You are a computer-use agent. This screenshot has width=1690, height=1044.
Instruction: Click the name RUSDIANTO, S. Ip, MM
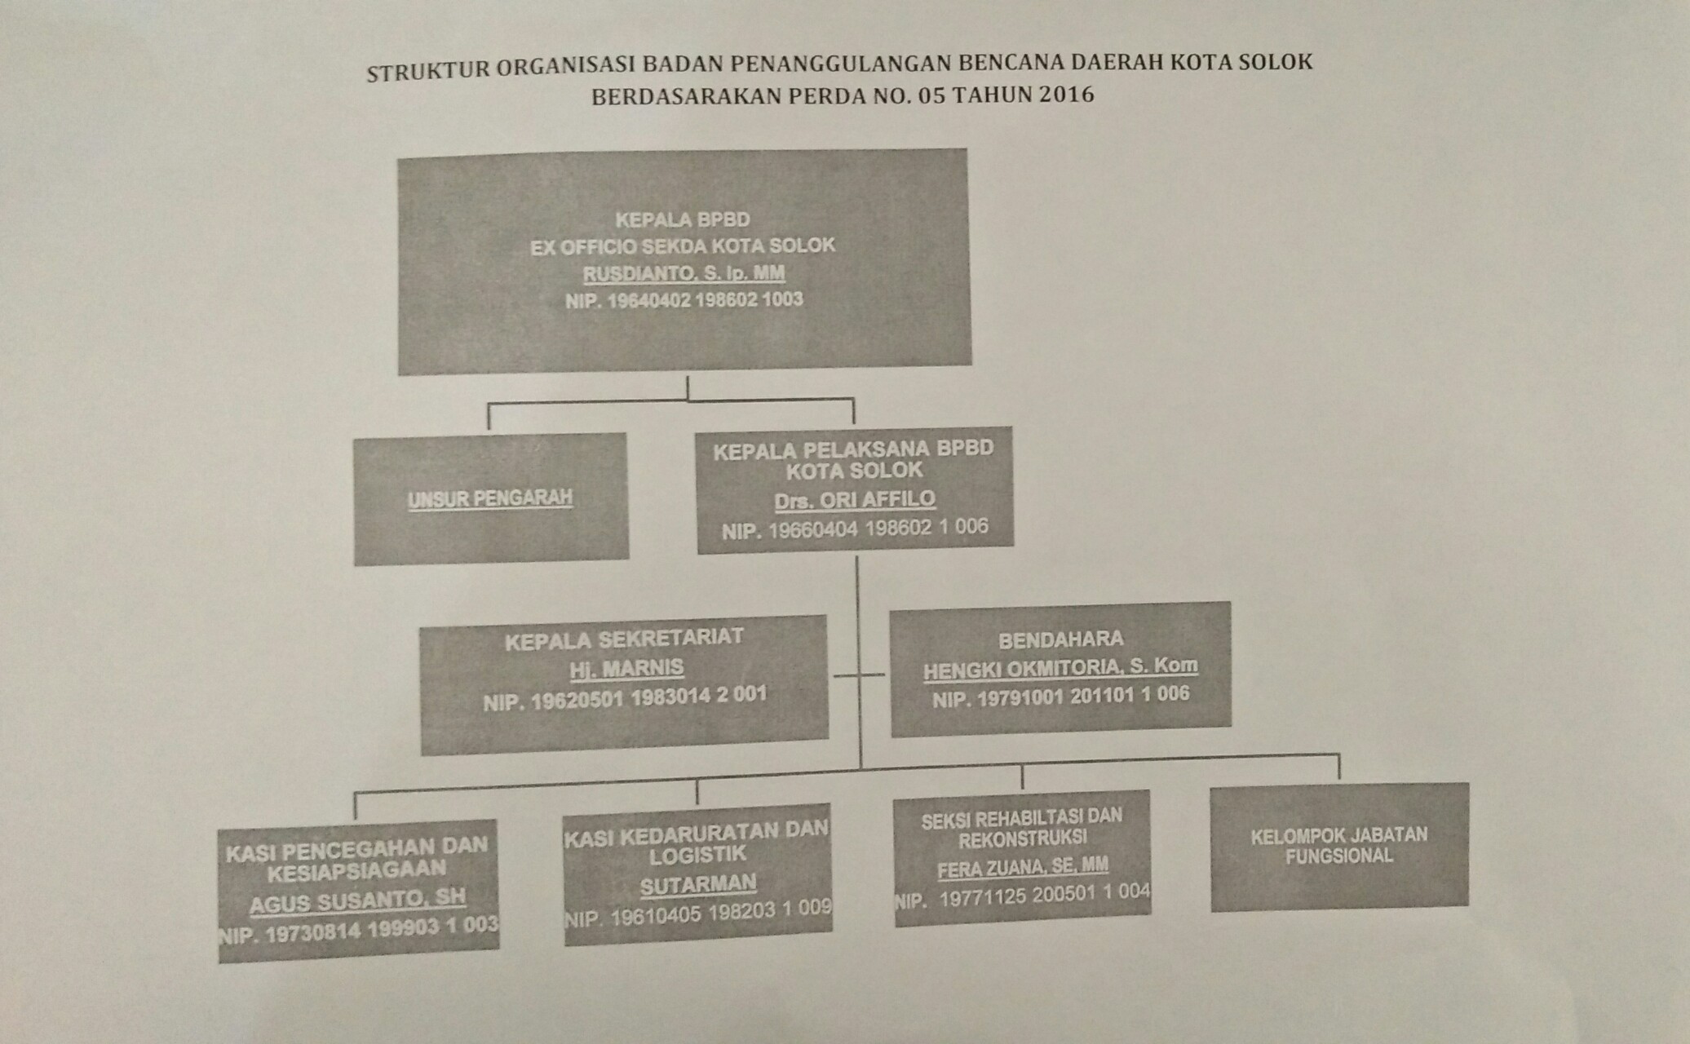(684, 272)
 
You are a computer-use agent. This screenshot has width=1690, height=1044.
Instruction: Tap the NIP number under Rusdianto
(684, 300)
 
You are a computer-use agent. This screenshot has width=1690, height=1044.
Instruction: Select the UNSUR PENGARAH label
(490, 498)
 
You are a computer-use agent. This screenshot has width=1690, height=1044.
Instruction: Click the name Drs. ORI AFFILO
(854, 499)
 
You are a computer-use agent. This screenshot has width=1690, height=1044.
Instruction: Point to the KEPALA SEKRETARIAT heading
(624, 639)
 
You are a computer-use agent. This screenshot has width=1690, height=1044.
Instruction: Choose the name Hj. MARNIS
(626, 669)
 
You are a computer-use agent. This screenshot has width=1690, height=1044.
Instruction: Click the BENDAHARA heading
(1060, 639)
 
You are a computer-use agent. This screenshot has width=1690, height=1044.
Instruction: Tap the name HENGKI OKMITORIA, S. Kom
(1060, 667)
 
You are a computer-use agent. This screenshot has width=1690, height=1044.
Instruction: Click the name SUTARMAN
(698, 885)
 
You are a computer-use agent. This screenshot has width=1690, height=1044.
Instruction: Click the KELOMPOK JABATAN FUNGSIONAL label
(1339, 846)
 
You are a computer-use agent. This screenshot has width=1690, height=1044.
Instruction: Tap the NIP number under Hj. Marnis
(625, 698)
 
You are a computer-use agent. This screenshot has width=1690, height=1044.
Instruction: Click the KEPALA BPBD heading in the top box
(683, 219)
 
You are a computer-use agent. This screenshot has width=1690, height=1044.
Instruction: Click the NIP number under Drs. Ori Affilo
(855, 529)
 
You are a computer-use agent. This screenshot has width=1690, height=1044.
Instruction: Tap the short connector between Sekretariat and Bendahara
(859, 675)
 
